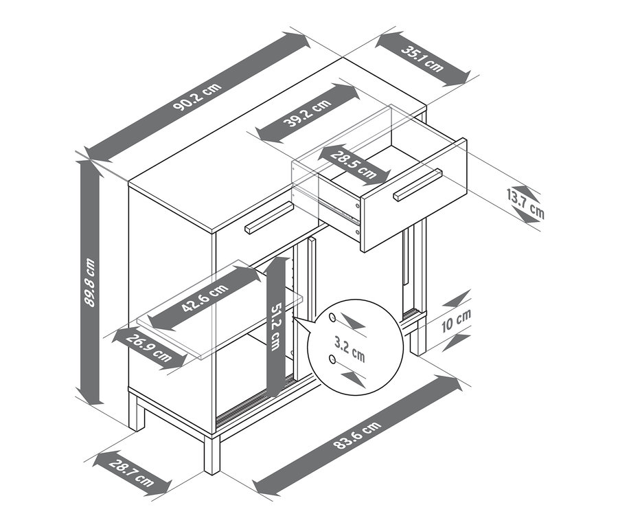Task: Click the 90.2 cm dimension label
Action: [x=197, y=98]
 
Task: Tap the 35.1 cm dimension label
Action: [x=422, y=59]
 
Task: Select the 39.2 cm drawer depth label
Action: [x=308, y=113]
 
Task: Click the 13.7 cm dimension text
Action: [x=525, y=204]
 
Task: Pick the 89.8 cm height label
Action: [x=90, y=282]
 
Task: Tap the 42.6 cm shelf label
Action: [x=205, y=298]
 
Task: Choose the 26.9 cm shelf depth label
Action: [x=149, y=348]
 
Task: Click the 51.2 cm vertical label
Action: [x=275, y=326]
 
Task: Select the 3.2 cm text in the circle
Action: [x=350, y=350]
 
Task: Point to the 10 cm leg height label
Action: [x=456, y=321]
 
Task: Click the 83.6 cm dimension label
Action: [x=358, y=435]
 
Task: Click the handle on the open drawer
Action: [x=417, y=185]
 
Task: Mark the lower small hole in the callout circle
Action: [x=332, y=359]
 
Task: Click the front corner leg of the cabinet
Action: [x=212, y=453]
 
